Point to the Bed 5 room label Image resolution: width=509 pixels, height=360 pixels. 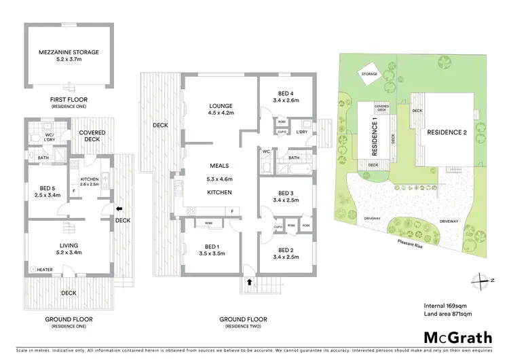(x=48, y=192)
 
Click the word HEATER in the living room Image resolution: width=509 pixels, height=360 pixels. (x=44, y=268)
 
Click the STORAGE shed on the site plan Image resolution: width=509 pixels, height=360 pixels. (x=369, y=75)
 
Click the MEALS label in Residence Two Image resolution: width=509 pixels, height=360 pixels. (x=219, y=166)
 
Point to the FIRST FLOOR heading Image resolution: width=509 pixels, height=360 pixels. (x=69, y=100)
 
